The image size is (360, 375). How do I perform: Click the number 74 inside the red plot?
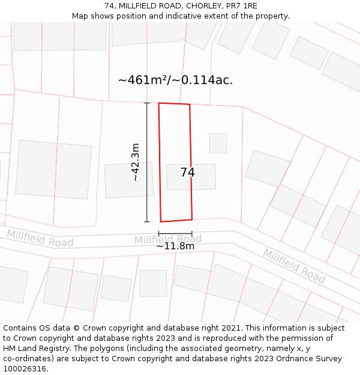pos(187,173)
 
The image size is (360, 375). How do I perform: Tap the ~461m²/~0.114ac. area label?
pos(175,80)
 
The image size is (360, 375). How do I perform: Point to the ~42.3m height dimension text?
pos(136,162)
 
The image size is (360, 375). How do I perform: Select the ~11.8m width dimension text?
pos(175,246)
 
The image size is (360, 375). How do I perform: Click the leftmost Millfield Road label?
pos(40,238)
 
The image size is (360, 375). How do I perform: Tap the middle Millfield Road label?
pos(168,239)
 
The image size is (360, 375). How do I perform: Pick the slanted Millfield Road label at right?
pos(294,266)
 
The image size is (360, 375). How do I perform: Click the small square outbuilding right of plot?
pos(218,143)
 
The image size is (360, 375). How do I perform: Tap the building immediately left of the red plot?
pos(128,180)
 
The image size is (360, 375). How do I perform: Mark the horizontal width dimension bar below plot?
pos(175,233)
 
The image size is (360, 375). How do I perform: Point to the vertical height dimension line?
pos(147,162)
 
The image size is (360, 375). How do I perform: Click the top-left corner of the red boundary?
pos(159,103)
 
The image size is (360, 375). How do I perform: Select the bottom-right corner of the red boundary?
pos(192,219)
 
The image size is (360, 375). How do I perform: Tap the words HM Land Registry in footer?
pos(34,349)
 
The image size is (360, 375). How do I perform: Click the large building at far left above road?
pos(53,169)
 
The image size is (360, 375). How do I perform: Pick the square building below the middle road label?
pos(153,283)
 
